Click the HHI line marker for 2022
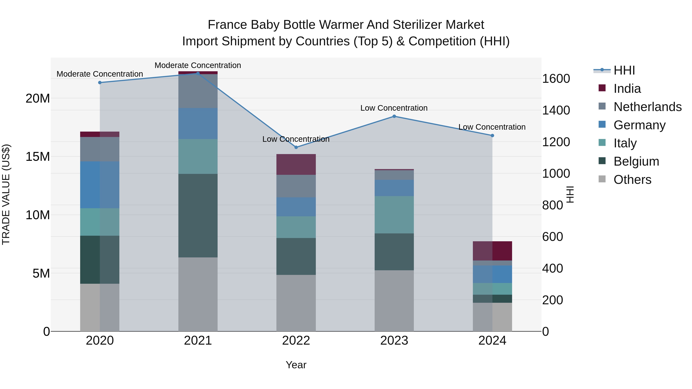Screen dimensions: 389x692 point(296,147)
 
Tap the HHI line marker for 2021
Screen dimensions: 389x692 point(198,73)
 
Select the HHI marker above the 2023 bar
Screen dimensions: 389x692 point(394,116)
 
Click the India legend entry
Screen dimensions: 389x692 point(627,89)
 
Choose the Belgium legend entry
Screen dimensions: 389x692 point(636,161)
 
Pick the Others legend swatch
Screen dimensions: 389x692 point(602,179)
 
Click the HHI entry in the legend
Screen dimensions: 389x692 point(624,70)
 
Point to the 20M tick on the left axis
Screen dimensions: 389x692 point(38,99)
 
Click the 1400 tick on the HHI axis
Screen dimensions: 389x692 point(556,110)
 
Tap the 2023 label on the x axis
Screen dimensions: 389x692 point(394,341)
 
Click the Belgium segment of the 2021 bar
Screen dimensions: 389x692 point(198,216)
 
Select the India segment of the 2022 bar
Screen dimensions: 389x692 point(296,164)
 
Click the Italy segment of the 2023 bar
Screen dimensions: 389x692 point(394,215)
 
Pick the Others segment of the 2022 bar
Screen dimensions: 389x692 point(296,303)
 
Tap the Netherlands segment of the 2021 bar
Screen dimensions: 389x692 point(198,91)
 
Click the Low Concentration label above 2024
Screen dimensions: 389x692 point(492,127)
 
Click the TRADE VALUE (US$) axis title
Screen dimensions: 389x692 point(6,194)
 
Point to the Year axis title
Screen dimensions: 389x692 point(296,365)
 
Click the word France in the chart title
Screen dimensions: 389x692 point(227,25)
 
